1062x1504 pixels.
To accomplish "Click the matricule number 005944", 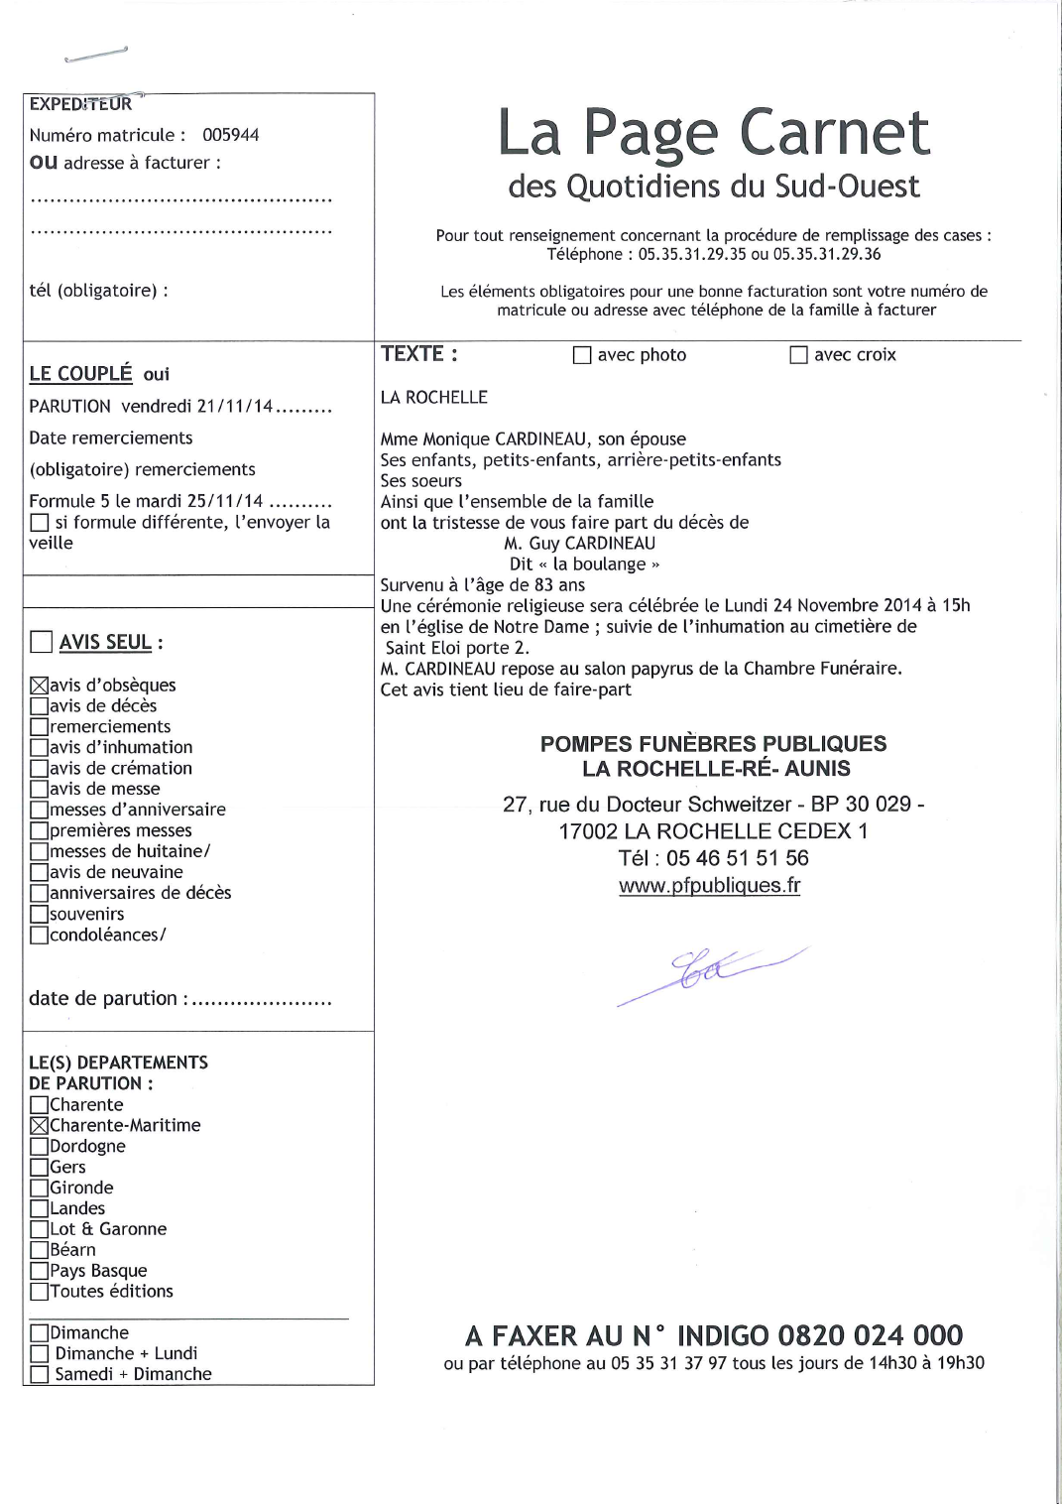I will pyautogui.click(x=230, y=135).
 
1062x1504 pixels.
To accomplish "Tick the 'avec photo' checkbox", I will pyautogui.click(x=582, y=355).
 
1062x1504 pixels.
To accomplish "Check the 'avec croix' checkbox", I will pyautogui.click(x=798, y=355).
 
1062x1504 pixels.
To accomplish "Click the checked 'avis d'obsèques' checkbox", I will pyautogui.click(x=40, y=686).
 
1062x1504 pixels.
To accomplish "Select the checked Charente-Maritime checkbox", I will pyautogui.click(x=40, y=1126).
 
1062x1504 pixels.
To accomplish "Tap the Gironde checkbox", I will pyautogui.click(x=40, y=1189).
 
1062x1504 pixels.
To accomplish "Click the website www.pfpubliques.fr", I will pyautogui.click(x=709, y=885).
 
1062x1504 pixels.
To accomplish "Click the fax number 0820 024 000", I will pyautogui.click(x=870, y=1335).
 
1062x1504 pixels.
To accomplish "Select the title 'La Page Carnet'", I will pyautogui.click(x=713, y=133).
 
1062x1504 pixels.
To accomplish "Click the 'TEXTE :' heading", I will pyautogui.click(x=418, y=354).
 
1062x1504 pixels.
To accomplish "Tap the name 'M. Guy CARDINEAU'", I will pyautogui.click(x=579, y=544).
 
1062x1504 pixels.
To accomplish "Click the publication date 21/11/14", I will pyautogui.click(x=234, y=407).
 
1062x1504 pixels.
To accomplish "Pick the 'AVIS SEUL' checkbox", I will pyautogui.click(x=41, y=642).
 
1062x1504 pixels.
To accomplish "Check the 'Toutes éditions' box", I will pyautogui.click(x=40, y=1292).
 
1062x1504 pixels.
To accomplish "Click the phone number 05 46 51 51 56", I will pyautogui.click(x=737, y=858).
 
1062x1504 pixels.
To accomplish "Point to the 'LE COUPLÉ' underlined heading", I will pyautogui.click(x=80, y=374).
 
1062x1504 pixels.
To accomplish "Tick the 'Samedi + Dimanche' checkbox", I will pyautogui.click(x=40, y=1375).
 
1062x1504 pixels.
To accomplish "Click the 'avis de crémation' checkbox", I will pyautogui.click(x=40, y=769).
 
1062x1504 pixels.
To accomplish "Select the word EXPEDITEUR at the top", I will pyautogui.click(x=80, y=104).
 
